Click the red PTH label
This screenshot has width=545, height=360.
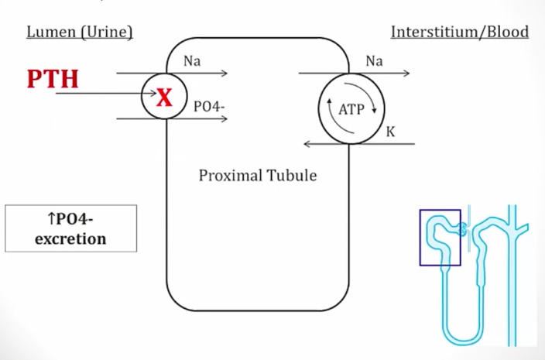click(x=53, y=79)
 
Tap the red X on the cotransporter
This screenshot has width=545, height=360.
click(x=164, y=97)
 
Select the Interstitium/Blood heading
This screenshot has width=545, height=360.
click(x=459, y=32)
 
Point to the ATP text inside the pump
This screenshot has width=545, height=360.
click(x=351, y=109)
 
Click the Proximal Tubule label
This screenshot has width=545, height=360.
click(x=258, y=175)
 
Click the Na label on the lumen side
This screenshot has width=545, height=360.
click(x=192, y=61)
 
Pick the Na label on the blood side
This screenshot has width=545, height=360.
click(x=374, y=61)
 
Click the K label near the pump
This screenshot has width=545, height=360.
click(x=390, y=132)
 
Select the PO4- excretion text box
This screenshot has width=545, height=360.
click(x=70, y=228)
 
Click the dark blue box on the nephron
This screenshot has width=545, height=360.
click(x=440, y=237)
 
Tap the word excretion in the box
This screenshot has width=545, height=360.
click(x=70, y=238)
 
